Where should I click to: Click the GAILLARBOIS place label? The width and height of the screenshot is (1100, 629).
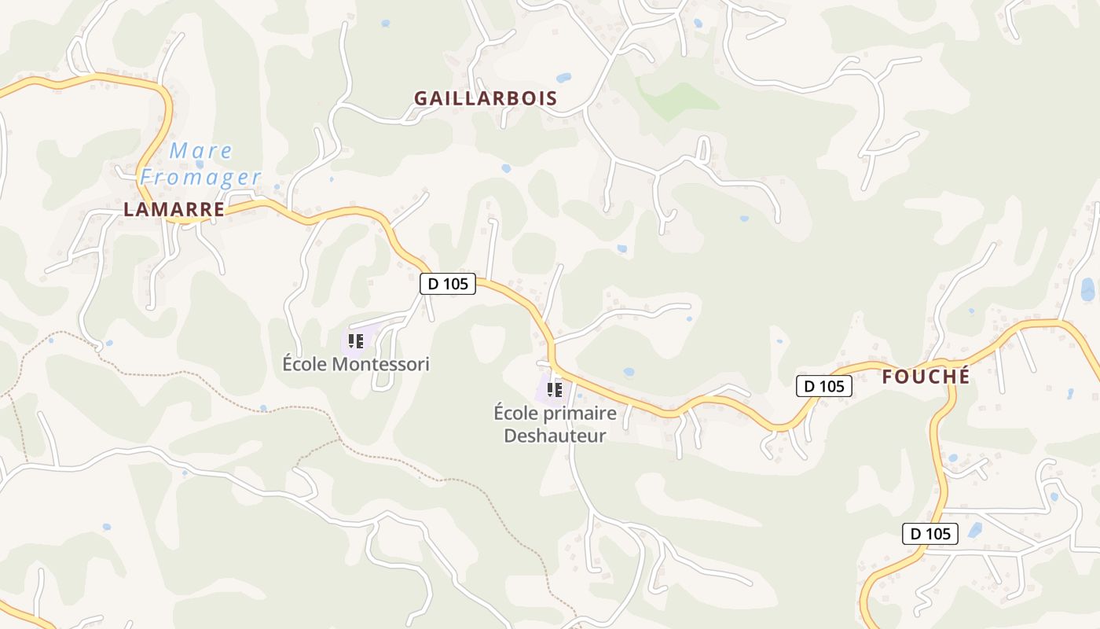[x=486, y=98]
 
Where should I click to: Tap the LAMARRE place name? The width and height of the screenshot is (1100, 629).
[x=174, y=209]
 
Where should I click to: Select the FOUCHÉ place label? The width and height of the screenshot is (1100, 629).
[x=926, y=377]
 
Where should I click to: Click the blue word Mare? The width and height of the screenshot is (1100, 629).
[x=201, y=150]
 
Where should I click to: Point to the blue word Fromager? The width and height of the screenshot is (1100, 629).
[x=200, y=177]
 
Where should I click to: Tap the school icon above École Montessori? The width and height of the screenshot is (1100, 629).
[x=355, y=341]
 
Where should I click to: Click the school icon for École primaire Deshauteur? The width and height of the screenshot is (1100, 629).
[x=555, y=388]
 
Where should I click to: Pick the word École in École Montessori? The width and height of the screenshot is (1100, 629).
[x=305, y=364]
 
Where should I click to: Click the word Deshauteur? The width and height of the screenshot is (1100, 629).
[x=555, y=435]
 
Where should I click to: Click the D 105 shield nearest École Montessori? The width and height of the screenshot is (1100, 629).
[x=448, y=284]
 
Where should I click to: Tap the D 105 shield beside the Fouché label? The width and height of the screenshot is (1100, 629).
[x=824, y=386]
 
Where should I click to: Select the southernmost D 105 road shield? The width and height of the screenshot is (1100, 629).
[x=929, y=534]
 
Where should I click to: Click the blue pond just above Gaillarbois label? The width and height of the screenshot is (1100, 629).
[x=563, y=78]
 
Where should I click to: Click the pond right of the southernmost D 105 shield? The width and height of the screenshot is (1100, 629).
[x=975, y=530]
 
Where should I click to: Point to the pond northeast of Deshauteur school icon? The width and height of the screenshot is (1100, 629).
[x=628, y=372]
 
